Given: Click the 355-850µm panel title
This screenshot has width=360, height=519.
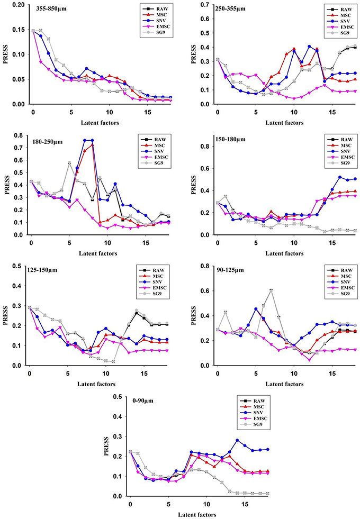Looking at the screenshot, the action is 51,8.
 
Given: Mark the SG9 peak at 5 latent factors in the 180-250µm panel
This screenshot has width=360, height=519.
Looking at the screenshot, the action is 69,162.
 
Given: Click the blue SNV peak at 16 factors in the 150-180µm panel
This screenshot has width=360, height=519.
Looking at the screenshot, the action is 340,177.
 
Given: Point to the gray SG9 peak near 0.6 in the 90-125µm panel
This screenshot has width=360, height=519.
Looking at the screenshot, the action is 271,290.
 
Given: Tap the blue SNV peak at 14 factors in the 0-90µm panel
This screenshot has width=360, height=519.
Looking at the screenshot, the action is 237,440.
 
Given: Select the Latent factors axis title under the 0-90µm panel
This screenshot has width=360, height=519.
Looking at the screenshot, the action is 197,515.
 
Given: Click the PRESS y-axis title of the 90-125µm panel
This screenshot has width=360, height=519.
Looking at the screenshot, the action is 194,315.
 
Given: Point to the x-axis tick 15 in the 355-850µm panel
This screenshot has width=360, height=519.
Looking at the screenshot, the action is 148,112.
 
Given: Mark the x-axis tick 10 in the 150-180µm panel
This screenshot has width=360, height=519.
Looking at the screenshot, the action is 294,243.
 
